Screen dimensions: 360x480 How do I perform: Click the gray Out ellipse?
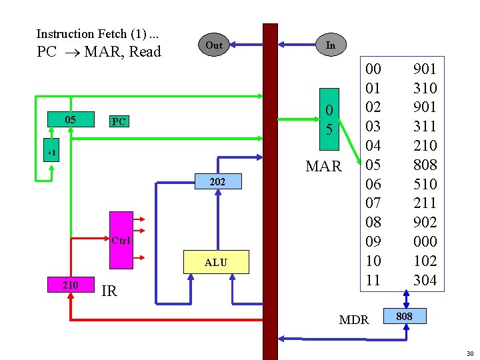[x=213, y=45]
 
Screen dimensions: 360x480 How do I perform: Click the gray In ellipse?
[x=330, y=45]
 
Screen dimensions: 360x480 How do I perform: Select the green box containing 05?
[x=69, y=120]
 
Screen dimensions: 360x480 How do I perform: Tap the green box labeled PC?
[x=119, y=121]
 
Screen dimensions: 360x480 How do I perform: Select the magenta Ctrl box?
[x=121, y=239]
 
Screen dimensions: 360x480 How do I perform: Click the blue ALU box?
[x=215, y=263]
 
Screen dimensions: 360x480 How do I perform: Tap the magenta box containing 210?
[x=69, y=285]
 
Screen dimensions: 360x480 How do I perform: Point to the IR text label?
[x=109, y=291]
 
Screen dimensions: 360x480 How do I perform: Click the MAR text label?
[x=323, y=166]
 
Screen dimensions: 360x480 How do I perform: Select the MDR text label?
[x=353, y=320]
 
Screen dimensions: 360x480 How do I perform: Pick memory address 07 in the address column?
[x=373, y=203]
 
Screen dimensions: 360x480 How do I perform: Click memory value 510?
[x=425, y=183]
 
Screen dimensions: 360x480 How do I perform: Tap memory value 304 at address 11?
[x=425, y=280]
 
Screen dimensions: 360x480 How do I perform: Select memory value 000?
[x=425, y=241]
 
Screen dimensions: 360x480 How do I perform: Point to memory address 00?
[x=373, y=68]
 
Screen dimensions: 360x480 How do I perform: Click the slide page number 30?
[x=469, y=353]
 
